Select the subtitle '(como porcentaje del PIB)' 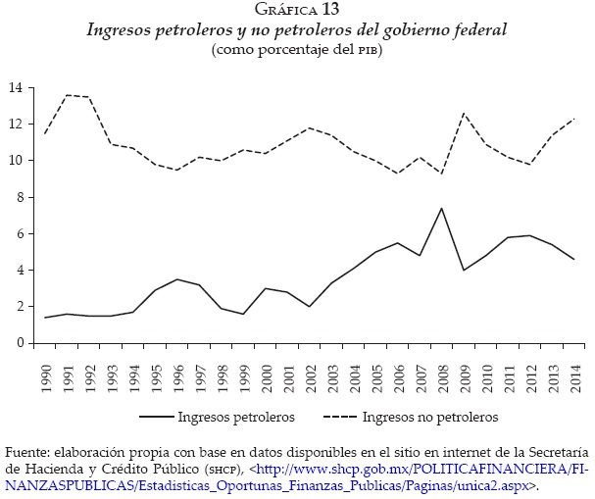tap(296, 49)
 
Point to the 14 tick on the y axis tap(16, 88)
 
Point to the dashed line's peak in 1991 tap(67, 95)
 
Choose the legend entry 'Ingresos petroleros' tap(236, 417)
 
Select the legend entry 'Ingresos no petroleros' tap(430, 417)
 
